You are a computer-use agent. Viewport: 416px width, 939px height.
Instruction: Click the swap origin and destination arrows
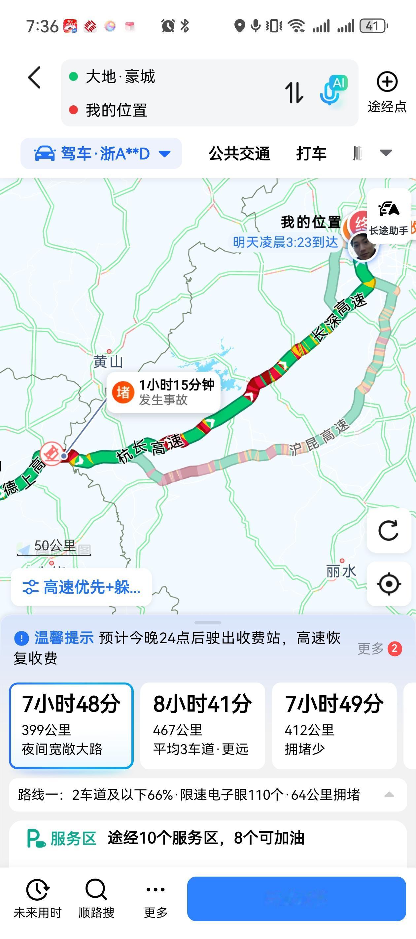pos(294,92)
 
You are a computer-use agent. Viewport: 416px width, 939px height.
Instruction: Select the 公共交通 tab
pos(239,154)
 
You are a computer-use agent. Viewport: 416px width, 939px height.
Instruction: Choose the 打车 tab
pos(311,154)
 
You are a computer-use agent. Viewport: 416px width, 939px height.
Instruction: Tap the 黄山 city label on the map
pos(108,362)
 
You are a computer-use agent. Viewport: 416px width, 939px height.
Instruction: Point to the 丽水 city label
pos(341,571)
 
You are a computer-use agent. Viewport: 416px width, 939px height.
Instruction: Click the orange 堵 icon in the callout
pos(123,392)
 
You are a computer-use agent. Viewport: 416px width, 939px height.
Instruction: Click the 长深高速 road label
pos(339,318)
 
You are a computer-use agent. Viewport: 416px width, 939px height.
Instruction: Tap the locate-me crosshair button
pos(389,584)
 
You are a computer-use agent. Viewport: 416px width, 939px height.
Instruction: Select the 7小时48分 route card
pos(71,725)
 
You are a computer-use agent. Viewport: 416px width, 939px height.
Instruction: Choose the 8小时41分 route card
pos(202,725)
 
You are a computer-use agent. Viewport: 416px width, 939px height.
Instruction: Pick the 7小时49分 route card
pos(334,725)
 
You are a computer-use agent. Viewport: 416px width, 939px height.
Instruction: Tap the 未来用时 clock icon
pos(38,889)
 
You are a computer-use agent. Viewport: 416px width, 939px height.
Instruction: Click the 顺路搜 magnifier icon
pos(96,889)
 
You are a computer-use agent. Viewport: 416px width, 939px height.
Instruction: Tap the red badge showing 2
pos(394,648)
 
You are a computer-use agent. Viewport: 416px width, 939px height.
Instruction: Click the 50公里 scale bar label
pos(55,546)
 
